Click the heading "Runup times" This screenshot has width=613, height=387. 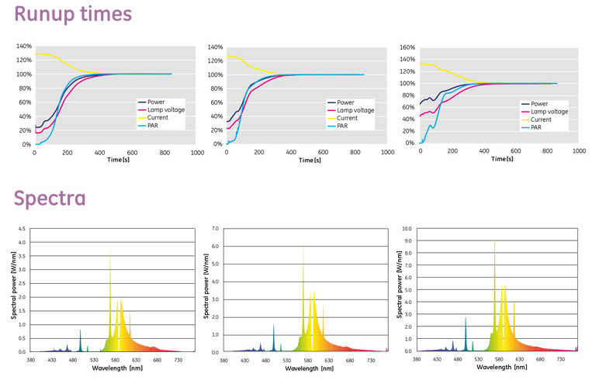[72, 15]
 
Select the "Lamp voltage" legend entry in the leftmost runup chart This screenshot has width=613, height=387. [164, 111]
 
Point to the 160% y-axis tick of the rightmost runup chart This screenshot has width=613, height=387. [407, 47]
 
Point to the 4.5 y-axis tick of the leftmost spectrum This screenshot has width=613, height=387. [21, 229]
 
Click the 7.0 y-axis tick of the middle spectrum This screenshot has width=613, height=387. [216, 229]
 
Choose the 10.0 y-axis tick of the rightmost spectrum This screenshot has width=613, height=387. [408, 229]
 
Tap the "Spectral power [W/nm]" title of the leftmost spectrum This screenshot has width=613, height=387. [13, 290]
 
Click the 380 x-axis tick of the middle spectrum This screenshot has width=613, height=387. [223, 360]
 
